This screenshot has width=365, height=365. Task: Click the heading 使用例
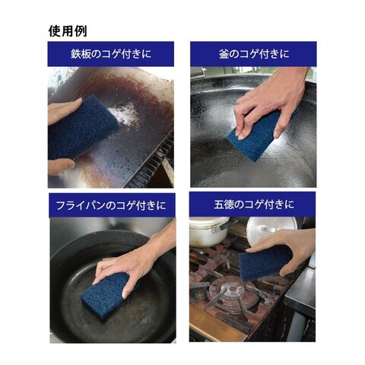tap(68, 31)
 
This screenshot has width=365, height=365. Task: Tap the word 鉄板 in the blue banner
tap(81, 54)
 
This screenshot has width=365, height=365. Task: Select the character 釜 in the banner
tap(224, 54)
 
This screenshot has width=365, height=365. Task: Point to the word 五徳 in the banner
tap(224, 205)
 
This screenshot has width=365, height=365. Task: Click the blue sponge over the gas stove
tap(265, 264)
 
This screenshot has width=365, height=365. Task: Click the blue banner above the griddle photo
tap(111, 54)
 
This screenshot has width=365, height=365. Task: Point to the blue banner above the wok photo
tap(253, 54)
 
